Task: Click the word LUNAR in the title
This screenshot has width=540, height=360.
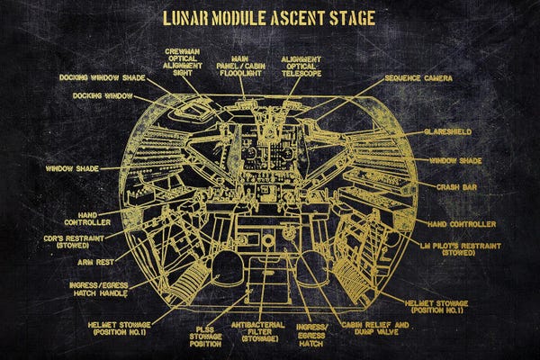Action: pos(187,17)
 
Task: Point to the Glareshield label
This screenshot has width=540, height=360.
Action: pos(448,131)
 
